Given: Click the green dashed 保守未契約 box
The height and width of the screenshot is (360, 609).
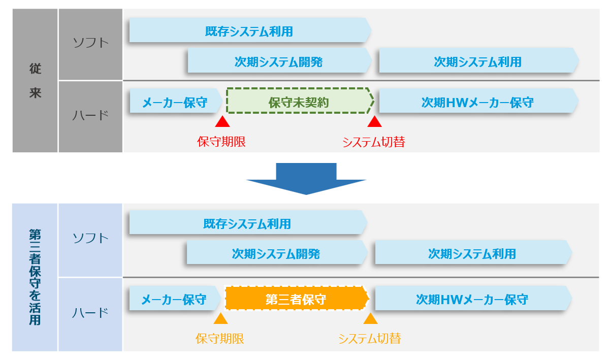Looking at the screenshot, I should (x=299, y=102).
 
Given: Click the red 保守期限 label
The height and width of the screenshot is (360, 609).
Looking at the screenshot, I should (x=221, y=142).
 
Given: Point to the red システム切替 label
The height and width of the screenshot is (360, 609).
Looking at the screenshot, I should (x=373, y=142).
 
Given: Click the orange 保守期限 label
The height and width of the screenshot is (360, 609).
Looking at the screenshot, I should (x=220, y=339).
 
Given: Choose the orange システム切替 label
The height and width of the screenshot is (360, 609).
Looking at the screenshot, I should (x=370, y=339).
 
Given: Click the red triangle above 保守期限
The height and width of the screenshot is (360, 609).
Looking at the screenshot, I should (x=222, y=121).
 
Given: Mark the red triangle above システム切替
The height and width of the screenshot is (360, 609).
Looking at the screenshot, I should (x=374, y=121).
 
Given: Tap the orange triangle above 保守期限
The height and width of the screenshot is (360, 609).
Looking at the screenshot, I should (x=220, y=318).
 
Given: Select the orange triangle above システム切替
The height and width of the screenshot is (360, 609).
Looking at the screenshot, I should (x=371, y=318).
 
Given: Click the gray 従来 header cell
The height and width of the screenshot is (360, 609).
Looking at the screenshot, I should (x=35, y=80).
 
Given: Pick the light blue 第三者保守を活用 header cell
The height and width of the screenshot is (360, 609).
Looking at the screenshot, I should (x=35, y=277).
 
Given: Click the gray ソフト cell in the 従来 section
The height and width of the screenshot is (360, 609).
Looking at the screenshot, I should (x=90, y=44).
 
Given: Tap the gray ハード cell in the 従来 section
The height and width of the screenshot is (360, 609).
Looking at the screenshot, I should (x=90, y=116).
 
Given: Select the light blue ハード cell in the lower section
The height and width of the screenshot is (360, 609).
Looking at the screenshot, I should (x=90, y=313).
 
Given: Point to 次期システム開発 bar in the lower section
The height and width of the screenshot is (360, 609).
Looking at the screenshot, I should (x=276, y=253).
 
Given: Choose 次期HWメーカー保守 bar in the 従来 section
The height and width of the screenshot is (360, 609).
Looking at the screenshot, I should (x=477, y=102).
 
